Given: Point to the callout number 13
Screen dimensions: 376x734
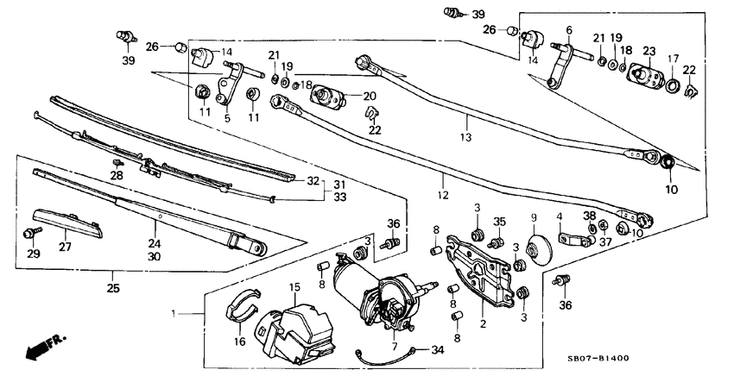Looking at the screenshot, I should pos(465,137).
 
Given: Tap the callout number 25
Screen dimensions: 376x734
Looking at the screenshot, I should pos(114,288).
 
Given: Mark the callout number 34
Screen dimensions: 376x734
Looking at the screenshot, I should pos(439,349).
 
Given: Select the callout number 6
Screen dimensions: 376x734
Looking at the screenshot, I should pos(568,30).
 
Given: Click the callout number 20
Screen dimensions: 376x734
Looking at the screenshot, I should pos(370,96).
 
